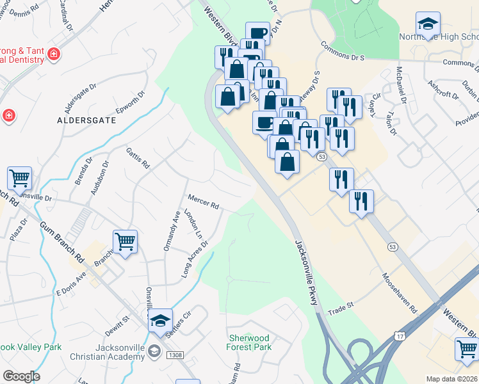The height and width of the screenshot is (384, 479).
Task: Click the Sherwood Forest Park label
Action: tap(249, 342)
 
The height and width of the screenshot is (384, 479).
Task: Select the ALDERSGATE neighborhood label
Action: tap(86, 120)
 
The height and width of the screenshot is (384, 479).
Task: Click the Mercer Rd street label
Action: tap(204, 202)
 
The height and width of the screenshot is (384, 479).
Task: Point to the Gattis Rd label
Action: tap(138, 157)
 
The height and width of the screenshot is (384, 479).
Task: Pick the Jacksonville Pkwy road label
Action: tap(306, 272)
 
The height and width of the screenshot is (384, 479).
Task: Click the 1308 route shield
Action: tap(174, 355)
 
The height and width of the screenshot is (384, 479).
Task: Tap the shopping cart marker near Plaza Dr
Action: tap(20, 179)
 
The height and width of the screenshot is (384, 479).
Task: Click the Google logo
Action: tap(21, 376)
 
